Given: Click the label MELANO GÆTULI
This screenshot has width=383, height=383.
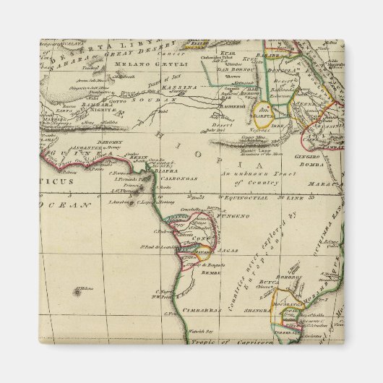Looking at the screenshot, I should (138, 65).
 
